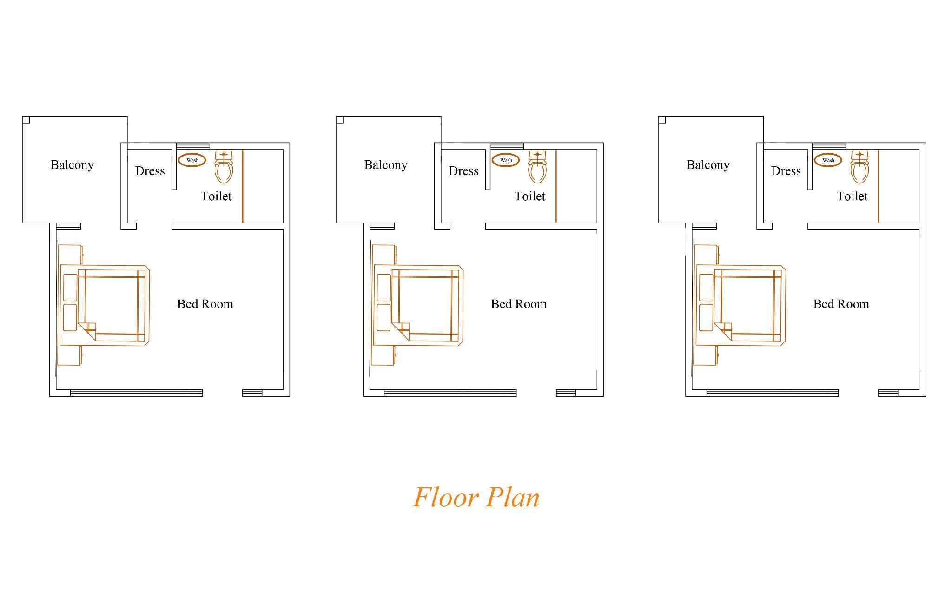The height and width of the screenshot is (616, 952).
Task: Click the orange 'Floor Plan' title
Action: [x=476, y=497]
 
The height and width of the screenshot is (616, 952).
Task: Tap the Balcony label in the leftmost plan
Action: [x=72, y=165]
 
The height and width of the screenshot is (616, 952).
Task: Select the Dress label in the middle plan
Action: [x=463, y=171]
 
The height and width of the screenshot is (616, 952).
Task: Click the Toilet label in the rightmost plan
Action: [x=852, y=196]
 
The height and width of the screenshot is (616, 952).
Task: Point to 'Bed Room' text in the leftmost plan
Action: [x=205, y=304]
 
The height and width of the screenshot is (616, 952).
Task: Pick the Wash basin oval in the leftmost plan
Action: [x=192, y=160]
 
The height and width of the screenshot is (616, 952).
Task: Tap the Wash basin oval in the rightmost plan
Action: [x=828, y=160]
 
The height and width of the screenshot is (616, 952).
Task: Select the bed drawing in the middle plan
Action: [x=418, y=305]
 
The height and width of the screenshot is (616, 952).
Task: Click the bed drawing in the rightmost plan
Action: [x=740, y=305]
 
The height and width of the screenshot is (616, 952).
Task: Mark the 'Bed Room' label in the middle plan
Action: [x=519, y=304]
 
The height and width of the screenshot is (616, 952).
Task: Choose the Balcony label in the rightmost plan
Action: [x=708, y=165]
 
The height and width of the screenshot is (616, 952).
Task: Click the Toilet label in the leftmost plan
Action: [x=216, y=196]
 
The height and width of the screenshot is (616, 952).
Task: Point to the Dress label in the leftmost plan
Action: [x=150, y=171]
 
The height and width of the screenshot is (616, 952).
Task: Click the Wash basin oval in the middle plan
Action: [x=506, y=160]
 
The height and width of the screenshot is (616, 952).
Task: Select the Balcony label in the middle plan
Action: [x=386, y=165]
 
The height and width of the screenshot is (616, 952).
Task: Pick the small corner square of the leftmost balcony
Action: [x=26, y=120]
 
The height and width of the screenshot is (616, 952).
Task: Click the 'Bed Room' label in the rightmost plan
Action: [x=841, y=304]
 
